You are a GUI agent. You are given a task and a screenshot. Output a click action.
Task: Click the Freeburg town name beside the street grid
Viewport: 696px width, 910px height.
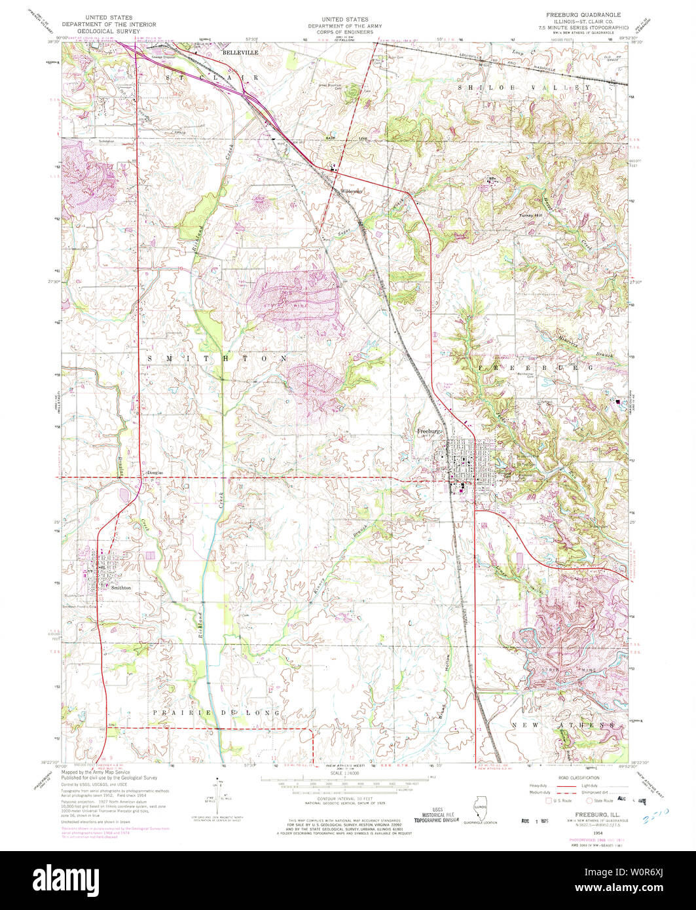[430, 431]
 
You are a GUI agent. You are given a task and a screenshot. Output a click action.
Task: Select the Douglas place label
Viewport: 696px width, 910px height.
[155, 472]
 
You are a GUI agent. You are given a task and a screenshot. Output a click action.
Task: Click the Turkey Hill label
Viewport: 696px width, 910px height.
[532, 215]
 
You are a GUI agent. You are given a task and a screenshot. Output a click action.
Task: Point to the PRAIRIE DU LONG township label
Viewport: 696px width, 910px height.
[217, 712]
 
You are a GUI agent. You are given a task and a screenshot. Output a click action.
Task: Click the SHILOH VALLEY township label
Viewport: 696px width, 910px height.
[527, 87]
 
